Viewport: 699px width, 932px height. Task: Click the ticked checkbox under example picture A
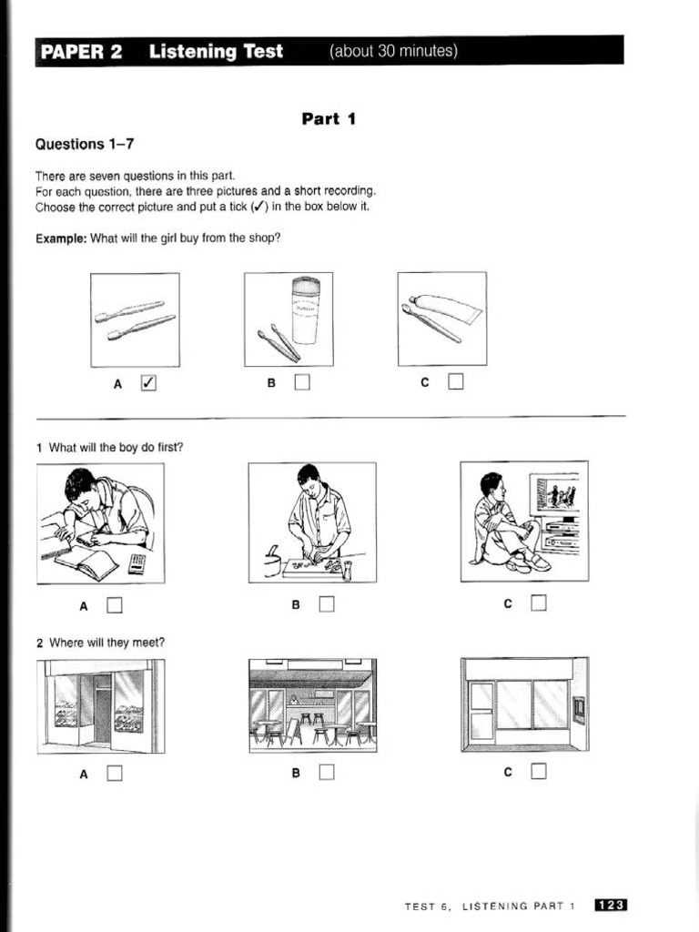coord(148,383)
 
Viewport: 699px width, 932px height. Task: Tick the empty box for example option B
coord(302,383)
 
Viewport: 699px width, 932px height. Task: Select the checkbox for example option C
coord(455,383)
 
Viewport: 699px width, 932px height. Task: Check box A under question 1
coord(114,603)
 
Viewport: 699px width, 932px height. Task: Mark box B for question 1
coord(327,603)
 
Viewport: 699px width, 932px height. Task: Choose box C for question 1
coord(539,603)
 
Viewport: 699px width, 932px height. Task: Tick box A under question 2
coord(114,774)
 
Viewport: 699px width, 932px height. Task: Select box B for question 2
coord(327,774)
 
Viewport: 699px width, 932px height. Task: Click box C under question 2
coord(539,773)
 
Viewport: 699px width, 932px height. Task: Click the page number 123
coord(611,906)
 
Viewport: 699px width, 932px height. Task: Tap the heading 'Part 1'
coord(328,118)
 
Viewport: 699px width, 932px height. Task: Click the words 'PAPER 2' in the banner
coord(81,52)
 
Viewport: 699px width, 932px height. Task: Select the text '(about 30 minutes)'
coord(393,51)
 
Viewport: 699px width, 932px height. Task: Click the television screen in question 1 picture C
coord(558,496)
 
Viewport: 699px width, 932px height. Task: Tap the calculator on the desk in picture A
coord(137,563)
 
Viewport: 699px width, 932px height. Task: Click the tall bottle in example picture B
coord(304,310)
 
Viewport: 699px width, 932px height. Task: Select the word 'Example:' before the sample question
coord(61,238)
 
